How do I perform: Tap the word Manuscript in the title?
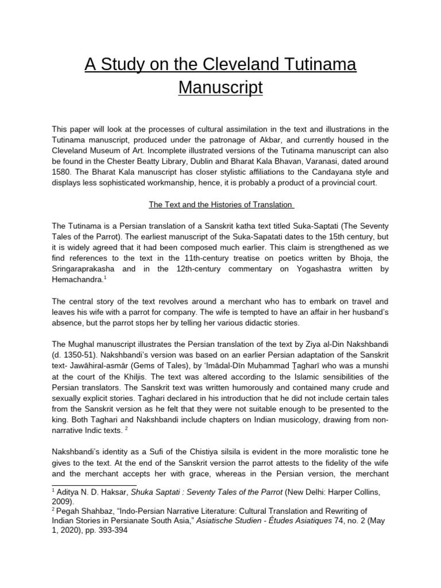coord(220,88)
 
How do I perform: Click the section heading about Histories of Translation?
coord(220,204)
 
